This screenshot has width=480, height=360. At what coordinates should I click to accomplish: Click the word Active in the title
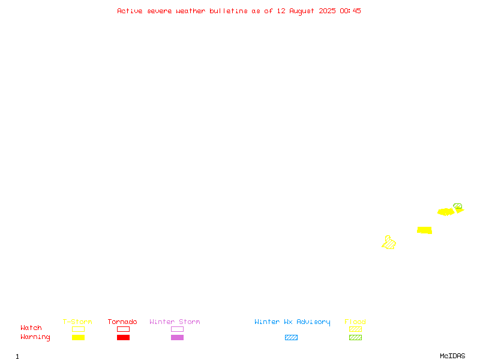[130, 11]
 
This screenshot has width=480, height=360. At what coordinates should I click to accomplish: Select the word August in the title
[302, 11]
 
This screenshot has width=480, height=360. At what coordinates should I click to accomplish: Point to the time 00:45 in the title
[350, 11]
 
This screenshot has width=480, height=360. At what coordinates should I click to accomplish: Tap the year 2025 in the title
[327, 11]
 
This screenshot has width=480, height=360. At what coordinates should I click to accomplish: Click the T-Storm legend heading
[77, 322]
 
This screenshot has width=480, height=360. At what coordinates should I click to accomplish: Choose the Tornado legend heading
[122, 322]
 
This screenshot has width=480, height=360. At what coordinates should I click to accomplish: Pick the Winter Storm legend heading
[175, 322]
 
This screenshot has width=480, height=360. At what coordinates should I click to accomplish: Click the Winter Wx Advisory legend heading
[292, 322]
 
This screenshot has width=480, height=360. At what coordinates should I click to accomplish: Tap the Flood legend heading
[355, 322]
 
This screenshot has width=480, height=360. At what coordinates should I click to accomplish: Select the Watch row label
[31, 328]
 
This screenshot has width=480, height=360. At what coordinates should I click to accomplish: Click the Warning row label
[35, 337]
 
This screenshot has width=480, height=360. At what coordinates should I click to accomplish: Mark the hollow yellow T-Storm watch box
[79, 329]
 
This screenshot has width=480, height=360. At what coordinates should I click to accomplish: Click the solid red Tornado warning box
[124, 337]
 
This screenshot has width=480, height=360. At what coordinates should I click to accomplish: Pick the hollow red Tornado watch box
[124, 329]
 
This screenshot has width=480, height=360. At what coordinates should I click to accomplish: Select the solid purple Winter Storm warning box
[177, 337]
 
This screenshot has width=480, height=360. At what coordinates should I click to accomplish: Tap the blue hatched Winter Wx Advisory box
[291, 337]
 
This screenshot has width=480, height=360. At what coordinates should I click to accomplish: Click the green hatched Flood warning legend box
[355, 337]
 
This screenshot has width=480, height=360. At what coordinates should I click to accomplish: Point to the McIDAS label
[452, 356]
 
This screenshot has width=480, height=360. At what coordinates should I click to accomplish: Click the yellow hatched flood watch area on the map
[389, 243]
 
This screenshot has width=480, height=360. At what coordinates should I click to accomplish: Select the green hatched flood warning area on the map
[458, 206]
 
